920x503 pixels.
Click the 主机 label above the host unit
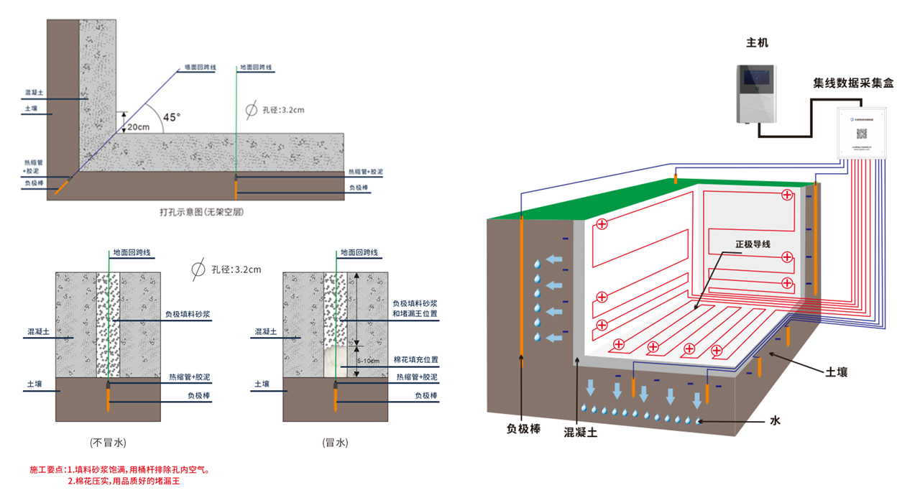757,43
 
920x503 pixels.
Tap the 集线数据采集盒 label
853,83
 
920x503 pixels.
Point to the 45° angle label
172,117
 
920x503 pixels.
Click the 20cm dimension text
139,126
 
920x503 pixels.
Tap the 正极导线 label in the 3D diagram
752,244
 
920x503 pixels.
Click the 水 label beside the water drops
775,421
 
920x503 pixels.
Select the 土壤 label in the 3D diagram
837,372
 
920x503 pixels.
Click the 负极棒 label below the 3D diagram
523,430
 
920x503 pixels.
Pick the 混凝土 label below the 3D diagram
580,433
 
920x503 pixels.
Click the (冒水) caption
335,443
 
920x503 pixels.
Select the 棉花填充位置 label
416,359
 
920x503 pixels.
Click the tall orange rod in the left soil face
521,287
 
